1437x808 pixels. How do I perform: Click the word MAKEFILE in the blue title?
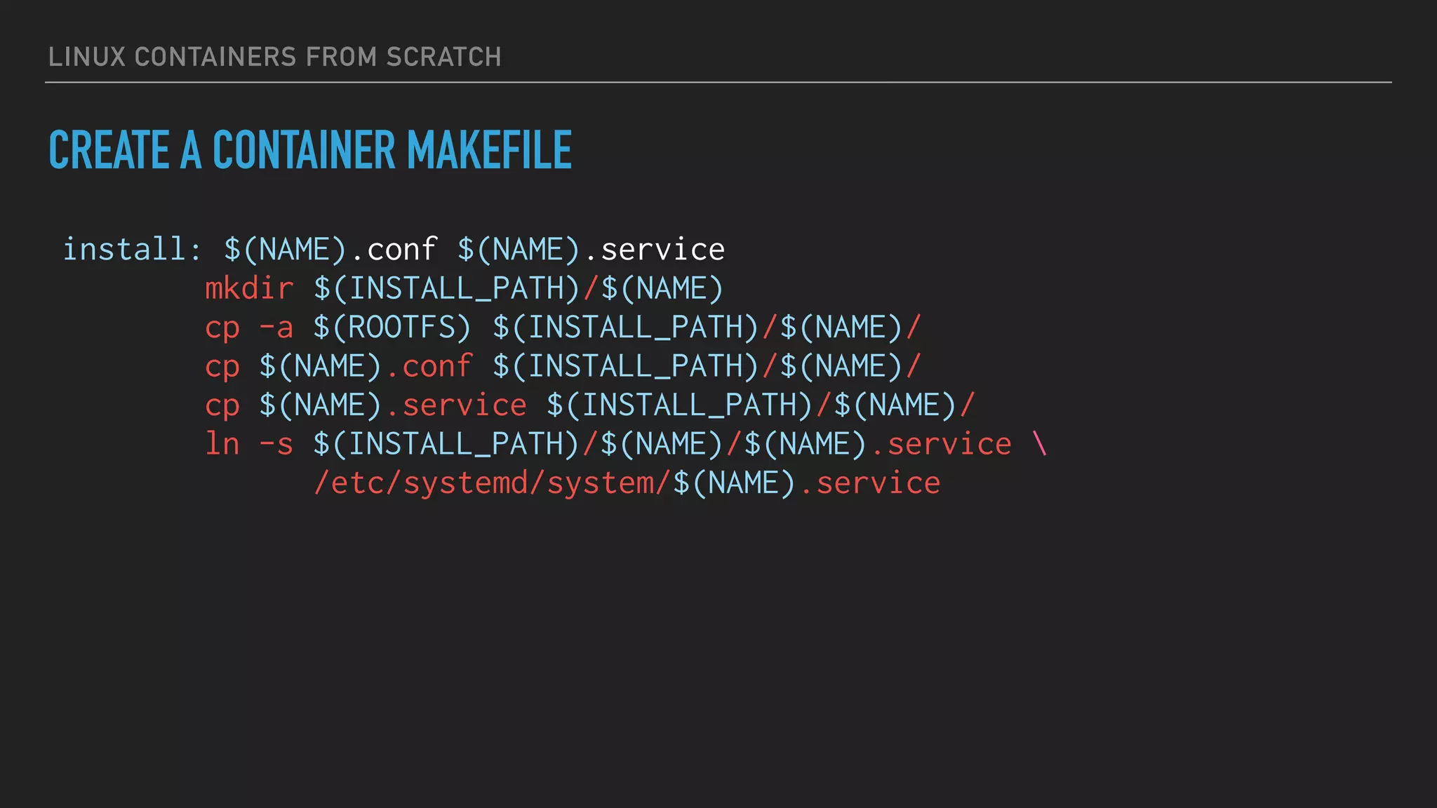point(489,150)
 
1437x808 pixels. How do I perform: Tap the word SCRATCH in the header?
point(443,58)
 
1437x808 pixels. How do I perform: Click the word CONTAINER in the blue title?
point(304,150)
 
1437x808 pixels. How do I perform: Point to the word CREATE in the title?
point(109,150)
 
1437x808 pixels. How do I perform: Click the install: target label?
point(133,249)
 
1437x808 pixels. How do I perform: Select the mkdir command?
point(249,288)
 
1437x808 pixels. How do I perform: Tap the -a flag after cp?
point(276,328)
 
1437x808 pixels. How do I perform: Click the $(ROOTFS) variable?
point(392,328)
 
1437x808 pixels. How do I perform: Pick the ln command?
point(222,444)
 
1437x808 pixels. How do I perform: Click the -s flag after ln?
point(276,444)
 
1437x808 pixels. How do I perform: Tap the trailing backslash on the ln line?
point(1039,444)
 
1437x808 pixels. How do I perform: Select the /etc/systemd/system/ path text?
point(492,483)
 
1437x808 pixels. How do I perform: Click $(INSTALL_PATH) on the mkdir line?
point(447,288)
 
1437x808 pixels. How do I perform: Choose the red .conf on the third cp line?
point(429,366)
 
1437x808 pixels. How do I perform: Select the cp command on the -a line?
point(222,328)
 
